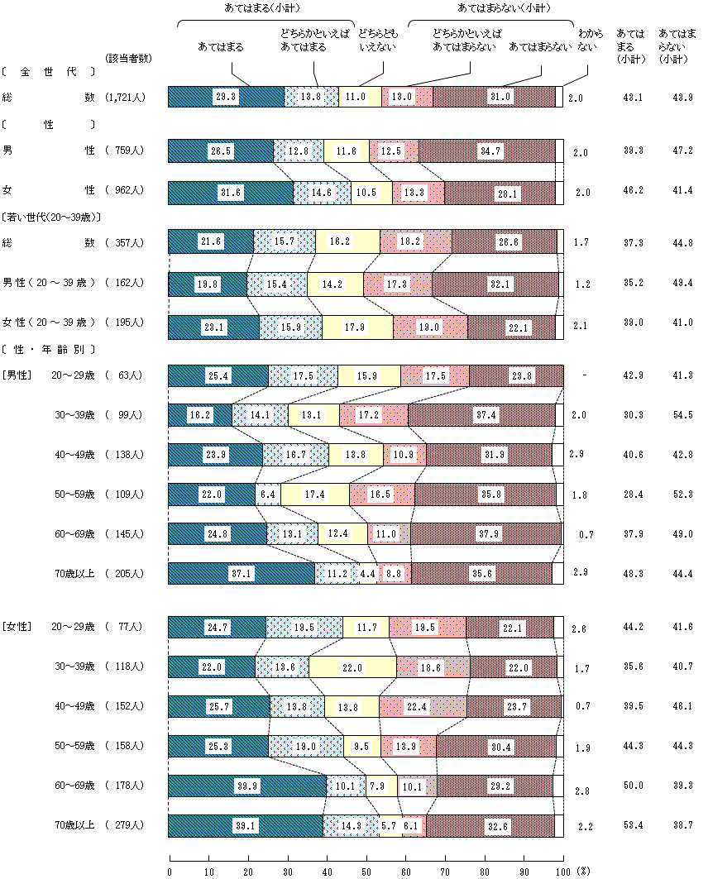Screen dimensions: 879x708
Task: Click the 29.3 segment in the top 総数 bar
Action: click(x=226, y=97)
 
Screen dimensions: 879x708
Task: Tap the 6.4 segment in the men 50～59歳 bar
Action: click(x=267, y=494)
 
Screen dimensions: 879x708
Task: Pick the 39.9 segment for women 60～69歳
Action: click(x=247, y=786)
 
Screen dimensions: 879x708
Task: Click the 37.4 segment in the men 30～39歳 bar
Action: click(x=481, y=415)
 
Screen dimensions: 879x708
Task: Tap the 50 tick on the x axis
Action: click(x=367, y=871)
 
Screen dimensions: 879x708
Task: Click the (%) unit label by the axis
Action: click(x=584, y=871)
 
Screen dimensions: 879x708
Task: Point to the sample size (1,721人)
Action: click(x=127, y=98)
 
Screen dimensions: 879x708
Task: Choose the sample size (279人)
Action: click(x=127, y=825)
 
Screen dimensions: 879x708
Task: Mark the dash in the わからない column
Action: click(x=585, y=375)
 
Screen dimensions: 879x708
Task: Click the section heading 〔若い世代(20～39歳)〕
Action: click(x=51, y=217)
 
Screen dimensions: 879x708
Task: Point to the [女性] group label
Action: click(x=17, y=627)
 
